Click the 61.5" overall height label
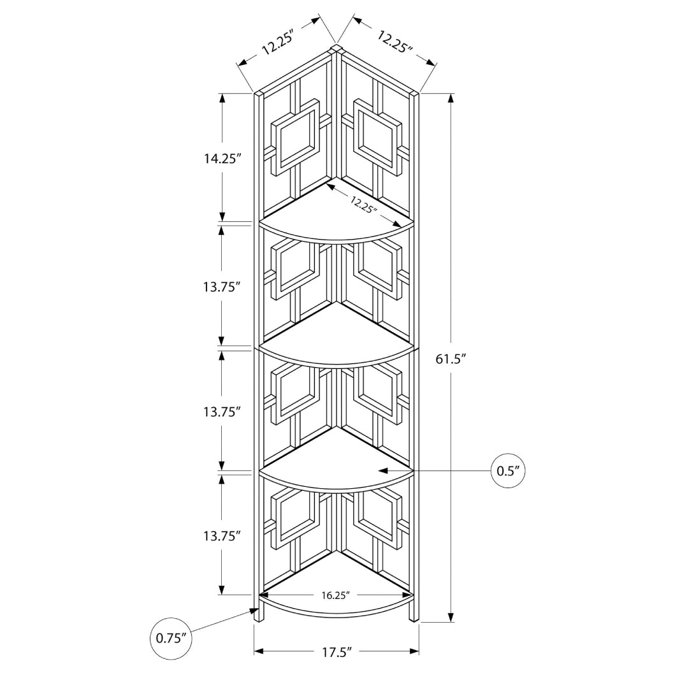[x=451, y=359]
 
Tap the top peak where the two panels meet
[x=336, y=47]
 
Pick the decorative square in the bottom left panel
[x=294, y=514]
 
